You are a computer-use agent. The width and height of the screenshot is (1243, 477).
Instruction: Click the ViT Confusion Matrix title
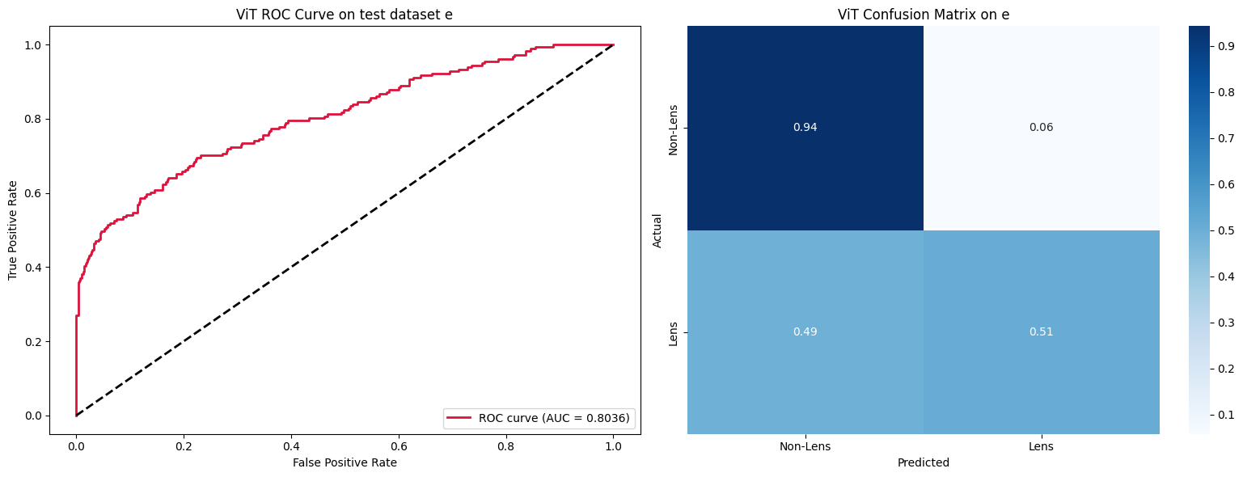(x=923, y=14)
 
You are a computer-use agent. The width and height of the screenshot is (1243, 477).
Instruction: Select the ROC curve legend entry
(x=539, y=418)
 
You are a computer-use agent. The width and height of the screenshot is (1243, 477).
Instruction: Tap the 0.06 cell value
(x=1041, y=128)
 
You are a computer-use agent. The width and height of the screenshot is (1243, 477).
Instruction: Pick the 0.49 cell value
(x=805, y=332)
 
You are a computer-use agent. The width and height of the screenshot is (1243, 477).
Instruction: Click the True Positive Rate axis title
(x=13, y=230)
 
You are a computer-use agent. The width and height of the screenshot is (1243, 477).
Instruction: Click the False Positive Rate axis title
(x=345, y=462)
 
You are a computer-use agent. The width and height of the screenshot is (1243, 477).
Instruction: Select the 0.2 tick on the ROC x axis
(x=184, y=444)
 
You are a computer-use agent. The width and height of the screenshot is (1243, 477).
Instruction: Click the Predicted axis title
(x=923, y=463)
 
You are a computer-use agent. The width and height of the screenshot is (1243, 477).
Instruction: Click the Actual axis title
(x=657, y=230)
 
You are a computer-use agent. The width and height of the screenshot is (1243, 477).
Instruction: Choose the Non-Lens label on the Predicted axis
(x=805, y=445)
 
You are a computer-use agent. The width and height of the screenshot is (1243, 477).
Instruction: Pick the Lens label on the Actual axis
(x=673, y=332)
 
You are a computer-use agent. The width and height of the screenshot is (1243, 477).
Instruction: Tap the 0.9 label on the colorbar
(x=1226, y=48)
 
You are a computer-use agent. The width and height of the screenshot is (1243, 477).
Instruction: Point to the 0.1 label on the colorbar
(x=1226, y=416)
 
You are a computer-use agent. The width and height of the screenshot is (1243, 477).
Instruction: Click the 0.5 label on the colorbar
(x=1226, y=231)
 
